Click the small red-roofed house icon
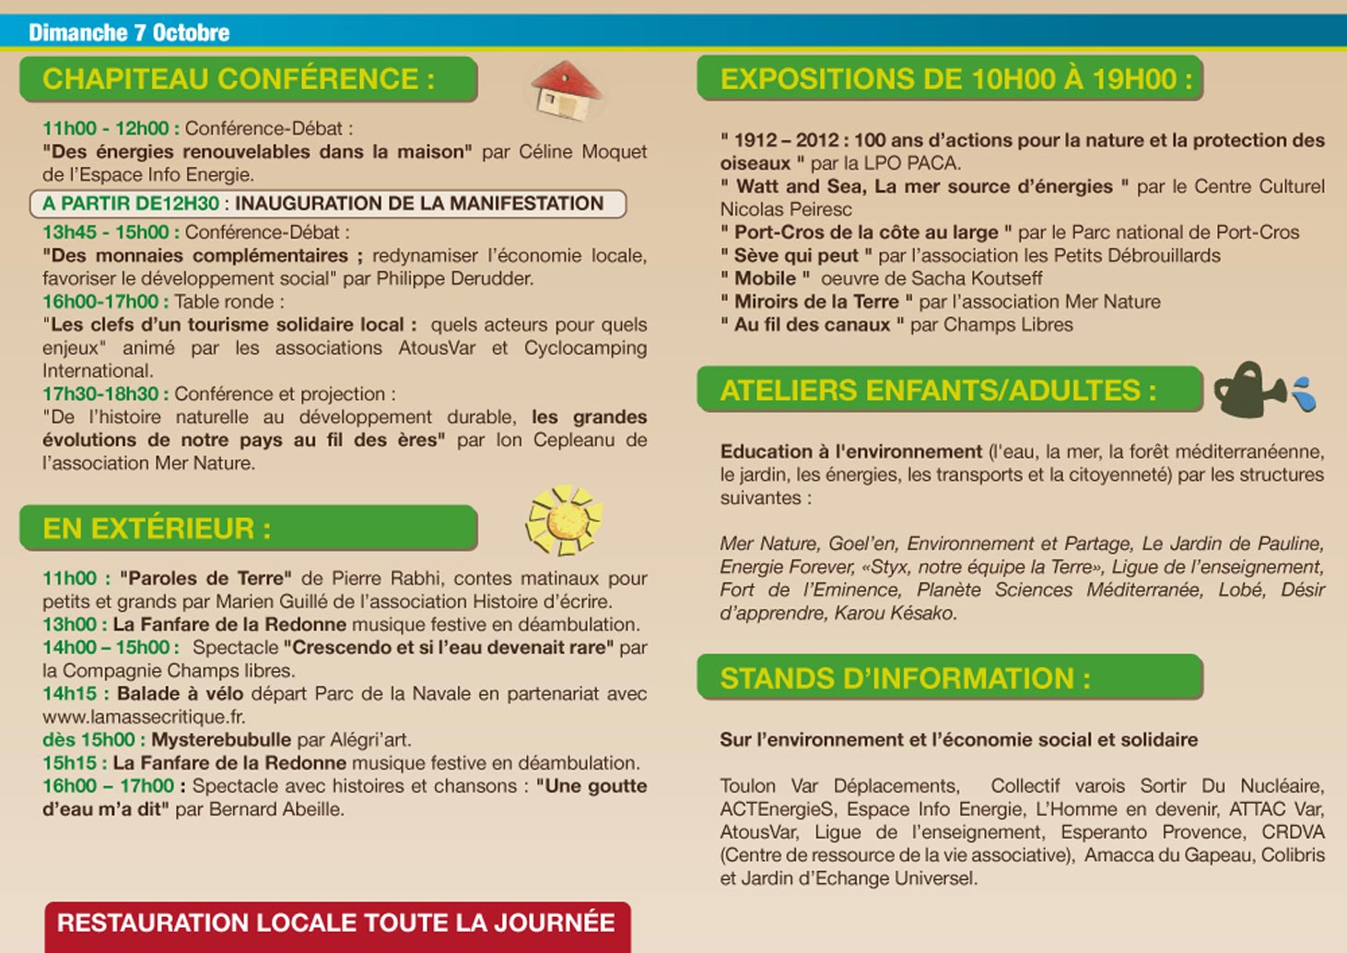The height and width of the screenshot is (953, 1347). (566, 90)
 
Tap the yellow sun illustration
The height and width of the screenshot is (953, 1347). (563, 521)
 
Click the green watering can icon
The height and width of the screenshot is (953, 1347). (1247, 390)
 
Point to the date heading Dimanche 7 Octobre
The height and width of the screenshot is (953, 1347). (129, 33)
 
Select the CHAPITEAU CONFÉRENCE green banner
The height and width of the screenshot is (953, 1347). (248, 79)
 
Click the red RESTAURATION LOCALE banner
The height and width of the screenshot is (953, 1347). (337, 924)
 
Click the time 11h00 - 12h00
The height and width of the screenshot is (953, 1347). (106, 129)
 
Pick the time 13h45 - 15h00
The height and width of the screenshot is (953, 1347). (106, 232)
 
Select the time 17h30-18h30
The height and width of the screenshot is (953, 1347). (100, 394)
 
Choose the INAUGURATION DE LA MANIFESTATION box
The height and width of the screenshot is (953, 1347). (328, 204)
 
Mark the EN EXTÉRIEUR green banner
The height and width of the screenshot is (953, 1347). (248, 528)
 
